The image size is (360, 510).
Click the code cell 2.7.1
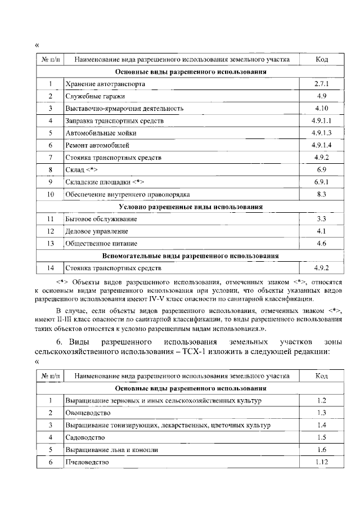(x=321, y=84)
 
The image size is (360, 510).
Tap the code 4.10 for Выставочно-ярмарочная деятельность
(x=321, y=108)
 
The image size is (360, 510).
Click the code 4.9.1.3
(x=321, y=133)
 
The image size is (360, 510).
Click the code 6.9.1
(x=321, y=182)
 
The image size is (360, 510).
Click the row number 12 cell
(x=51, y=231)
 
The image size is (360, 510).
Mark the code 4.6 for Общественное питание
(x=321, y=243)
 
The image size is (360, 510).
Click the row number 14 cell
(x=51, y=267)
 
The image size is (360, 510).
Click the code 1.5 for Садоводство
(x=321, y=437)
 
